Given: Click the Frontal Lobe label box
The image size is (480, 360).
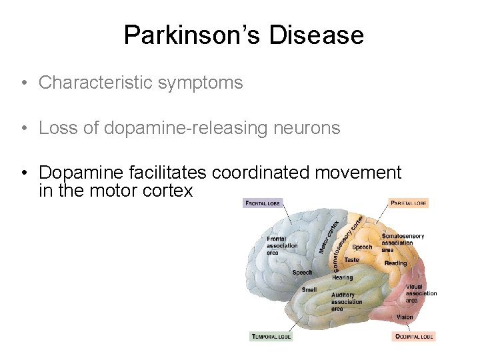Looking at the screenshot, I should [262, 203].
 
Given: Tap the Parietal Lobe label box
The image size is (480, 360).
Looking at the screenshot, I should [408, 203].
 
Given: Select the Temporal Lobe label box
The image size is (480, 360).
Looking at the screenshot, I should [271, 337].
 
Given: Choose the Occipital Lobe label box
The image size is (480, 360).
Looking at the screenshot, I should [413, 337].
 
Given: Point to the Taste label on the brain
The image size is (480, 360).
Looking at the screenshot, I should [351, 259].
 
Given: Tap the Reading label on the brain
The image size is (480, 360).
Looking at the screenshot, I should [395, 263].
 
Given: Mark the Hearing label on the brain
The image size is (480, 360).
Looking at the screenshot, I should [343, 277].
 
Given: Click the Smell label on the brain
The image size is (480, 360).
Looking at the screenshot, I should [309, 289].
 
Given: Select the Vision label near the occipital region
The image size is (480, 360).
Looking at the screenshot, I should [404, 317].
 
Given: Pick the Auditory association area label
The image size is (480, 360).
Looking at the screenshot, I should [347, 301].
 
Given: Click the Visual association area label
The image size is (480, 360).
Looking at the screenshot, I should [421, 293].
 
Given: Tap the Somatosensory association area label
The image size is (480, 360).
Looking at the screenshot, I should [403, 243].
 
